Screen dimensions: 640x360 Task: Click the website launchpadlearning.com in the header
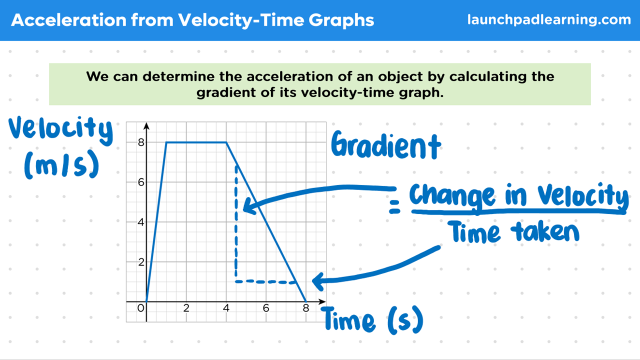click(x=549, y=20)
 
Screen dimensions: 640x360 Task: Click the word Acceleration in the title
click(x=68, y=20)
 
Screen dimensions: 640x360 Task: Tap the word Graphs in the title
click(x=341, y=21)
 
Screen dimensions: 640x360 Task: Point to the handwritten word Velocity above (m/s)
click(x=60, y=130)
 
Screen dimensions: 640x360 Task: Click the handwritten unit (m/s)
click(x=61, y=165)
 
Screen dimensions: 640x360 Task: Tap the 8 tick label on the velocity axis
click(x=141, y=142)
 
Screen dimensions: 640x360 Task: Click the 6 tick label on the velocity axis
click(x=141, y=182)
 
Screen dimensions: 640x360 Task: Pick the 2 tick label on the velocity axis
click(x=141, y=262)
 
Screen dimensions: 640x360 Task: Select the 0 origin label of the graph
click(x=140, y=308)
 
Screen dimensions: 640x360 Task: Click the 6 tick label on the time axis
click(x=266, y=308)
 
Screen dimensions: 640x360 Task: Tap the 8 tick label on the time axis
click(x=306, y=308)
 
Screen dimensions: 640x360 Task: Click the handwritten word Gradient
click(x=386, y=145)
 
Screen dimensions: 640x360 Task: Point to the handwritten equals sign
click(x=394, y=207)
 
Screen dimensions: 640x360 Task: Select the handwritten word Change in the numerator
click(x=452, y=195)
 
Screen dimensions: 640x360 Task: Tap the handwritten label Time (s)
click(x=373, y=320)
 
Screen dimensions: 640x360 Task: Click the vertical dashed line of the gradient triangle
click(x=236, y=223)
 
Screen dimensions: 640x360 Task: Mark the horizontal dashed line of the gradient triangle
click(x=265, y=281)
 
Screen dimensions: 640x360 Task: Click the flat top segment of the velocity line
click(x=196, y=142)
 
